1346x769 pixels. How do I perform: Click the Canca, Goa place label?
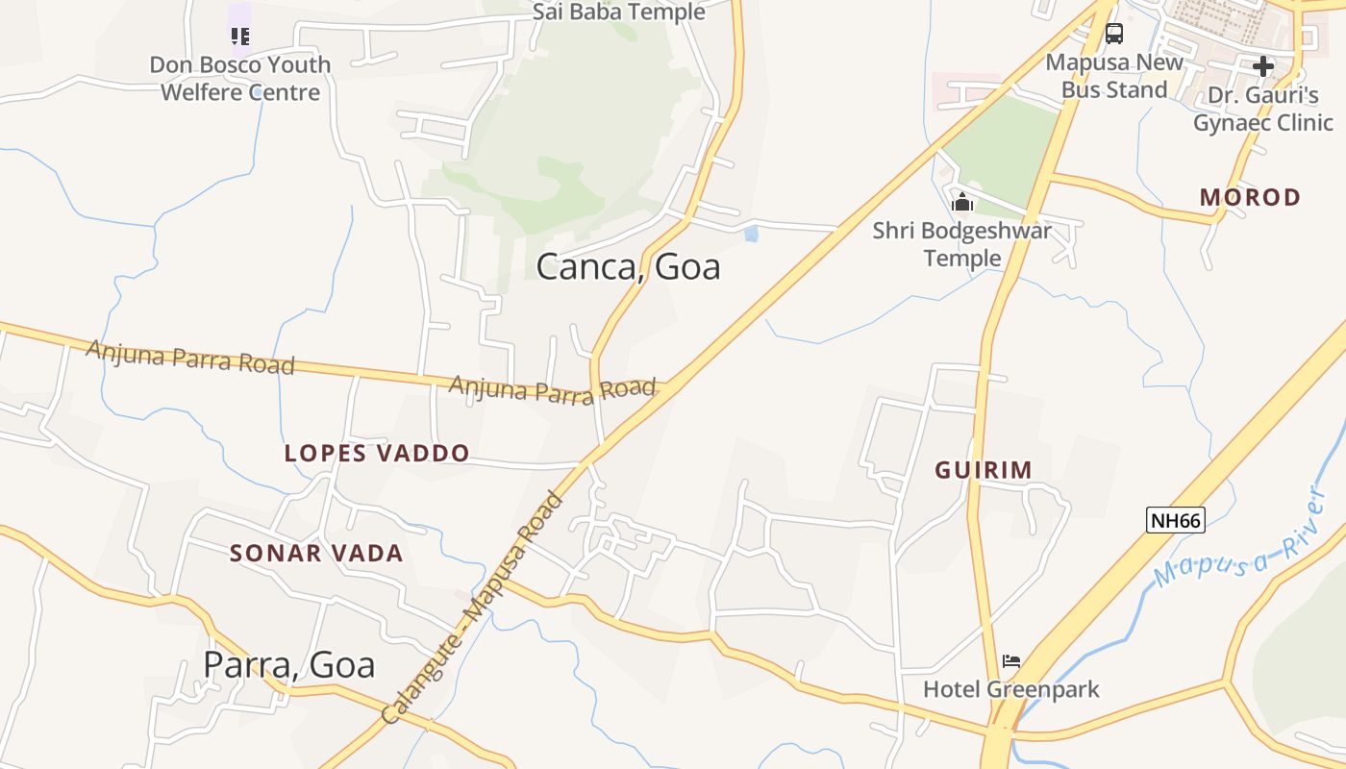click(x=628, y=266)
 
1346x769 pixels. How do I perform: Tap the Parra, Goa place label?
click(x=288, y=664)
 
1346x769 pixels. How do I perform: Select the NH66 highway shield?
click(x=1175, y=520)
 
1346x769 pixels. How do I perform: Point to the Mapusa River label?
click(x=1240, y=539)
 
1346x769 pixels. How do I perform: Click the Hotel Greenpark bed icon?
click(x=1010, y=661)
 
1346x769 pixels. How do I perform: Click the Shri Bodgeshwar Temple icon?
click(x=961, y=202)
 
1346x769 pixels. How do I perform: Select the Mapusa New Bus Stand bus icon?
click(x=1113, y=34)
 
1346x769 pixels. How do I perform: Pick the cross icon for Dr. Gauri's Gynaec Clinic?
click(x=1262, y=66)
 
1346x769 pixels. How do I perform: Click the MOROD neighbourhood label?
click(x=1250, y=197)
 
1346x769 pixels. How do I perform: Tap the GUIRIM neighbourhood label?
click(x=984, y=470)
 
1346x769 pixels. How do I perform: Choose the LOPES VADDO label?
click(x=377, y=453)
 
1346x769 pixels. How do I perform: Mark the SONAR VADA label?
click(x=316, y=553)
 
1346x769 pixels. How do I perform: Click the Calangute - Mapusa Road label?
click(x=471, y=609)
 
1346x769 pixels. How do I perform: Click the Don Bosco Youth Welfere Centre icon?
click(x=239, y=37)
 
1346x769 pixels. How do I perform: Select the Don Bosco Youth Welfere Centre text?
click(x=240, y=79)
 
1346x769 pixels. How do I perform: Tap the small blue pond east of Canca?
click(x=751, y=233)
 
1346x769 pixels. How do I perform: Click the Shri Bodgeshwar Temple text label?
click(x=961, y=244)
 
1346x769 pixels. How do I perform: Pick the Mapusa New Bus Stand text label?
click(x=1114, y=76)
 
